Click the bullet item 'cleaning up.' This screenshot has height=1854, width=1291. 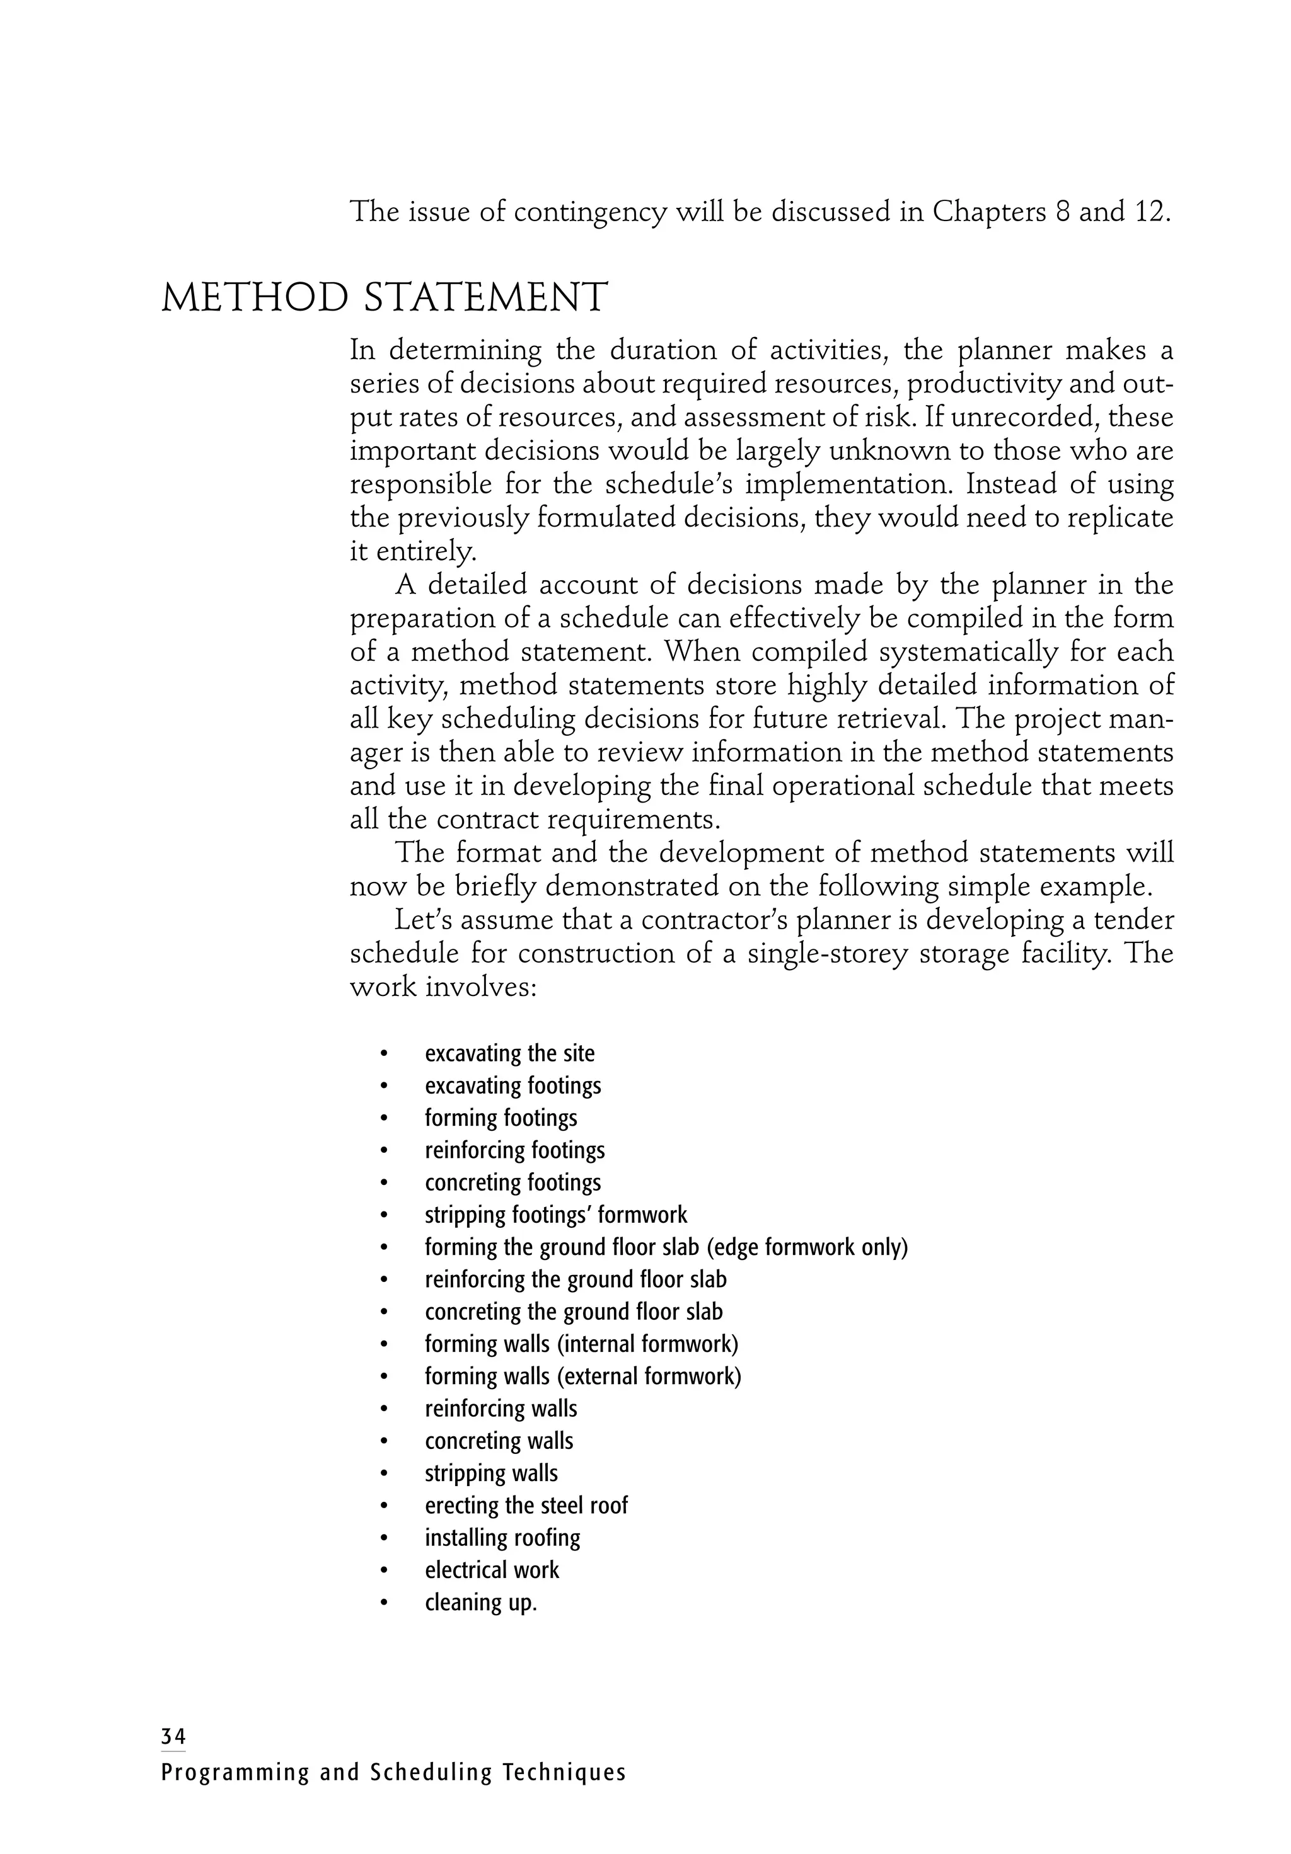[x=481, y=1602]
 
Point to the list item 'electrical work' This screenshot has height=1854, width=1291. [x=491, y=1570]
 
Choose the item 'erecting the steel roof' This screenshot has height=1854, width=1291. [x=526, y=1505]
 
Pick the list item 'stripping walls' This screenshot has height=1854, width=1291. [x=491, y=1473]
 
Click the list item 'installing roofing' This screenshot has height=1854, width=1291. [x=502, y=1538]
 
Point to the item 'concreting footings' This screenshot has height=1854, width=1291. [x=513, y=1182]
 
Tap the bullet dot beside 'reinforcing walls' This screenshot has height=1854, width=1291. [x=385, y=1409]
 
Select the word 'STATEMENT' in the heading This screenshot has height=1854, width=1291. [x=485, y=298]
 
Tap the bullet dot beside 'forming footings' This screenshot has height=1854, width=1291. [x=385, y=1118]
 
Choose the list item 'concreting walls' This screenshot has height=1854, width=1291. [x=499, y=1441]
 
